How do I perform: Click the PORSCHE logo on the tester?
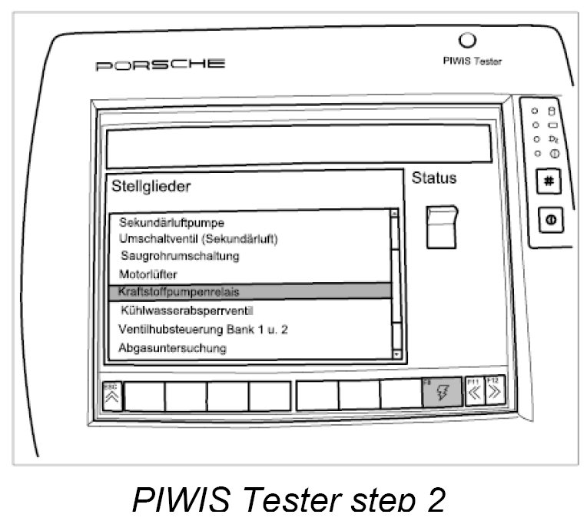pos(160,64)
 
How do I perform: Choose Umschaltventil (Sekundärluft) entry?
pos(198,238)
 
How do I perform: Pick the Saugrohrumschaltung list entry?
pos(181,255)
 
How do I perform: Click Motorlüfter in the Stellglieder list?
pos(148,273)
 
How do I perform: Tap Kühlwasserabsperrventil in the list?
pos(187,310)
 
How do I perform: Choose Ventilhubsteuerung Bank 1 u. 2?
pos(203,329)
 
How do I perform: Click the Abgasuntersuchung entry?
pos(172,347)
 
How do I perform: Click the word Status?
pos(434,178)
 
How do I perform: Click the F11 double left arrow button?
pos(474,393)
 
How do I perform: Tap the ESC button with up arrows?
pos(111,394)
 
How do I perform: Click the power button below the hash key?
pos(552,219)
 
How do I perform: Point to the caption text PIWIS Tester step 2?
pos(289,501)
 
